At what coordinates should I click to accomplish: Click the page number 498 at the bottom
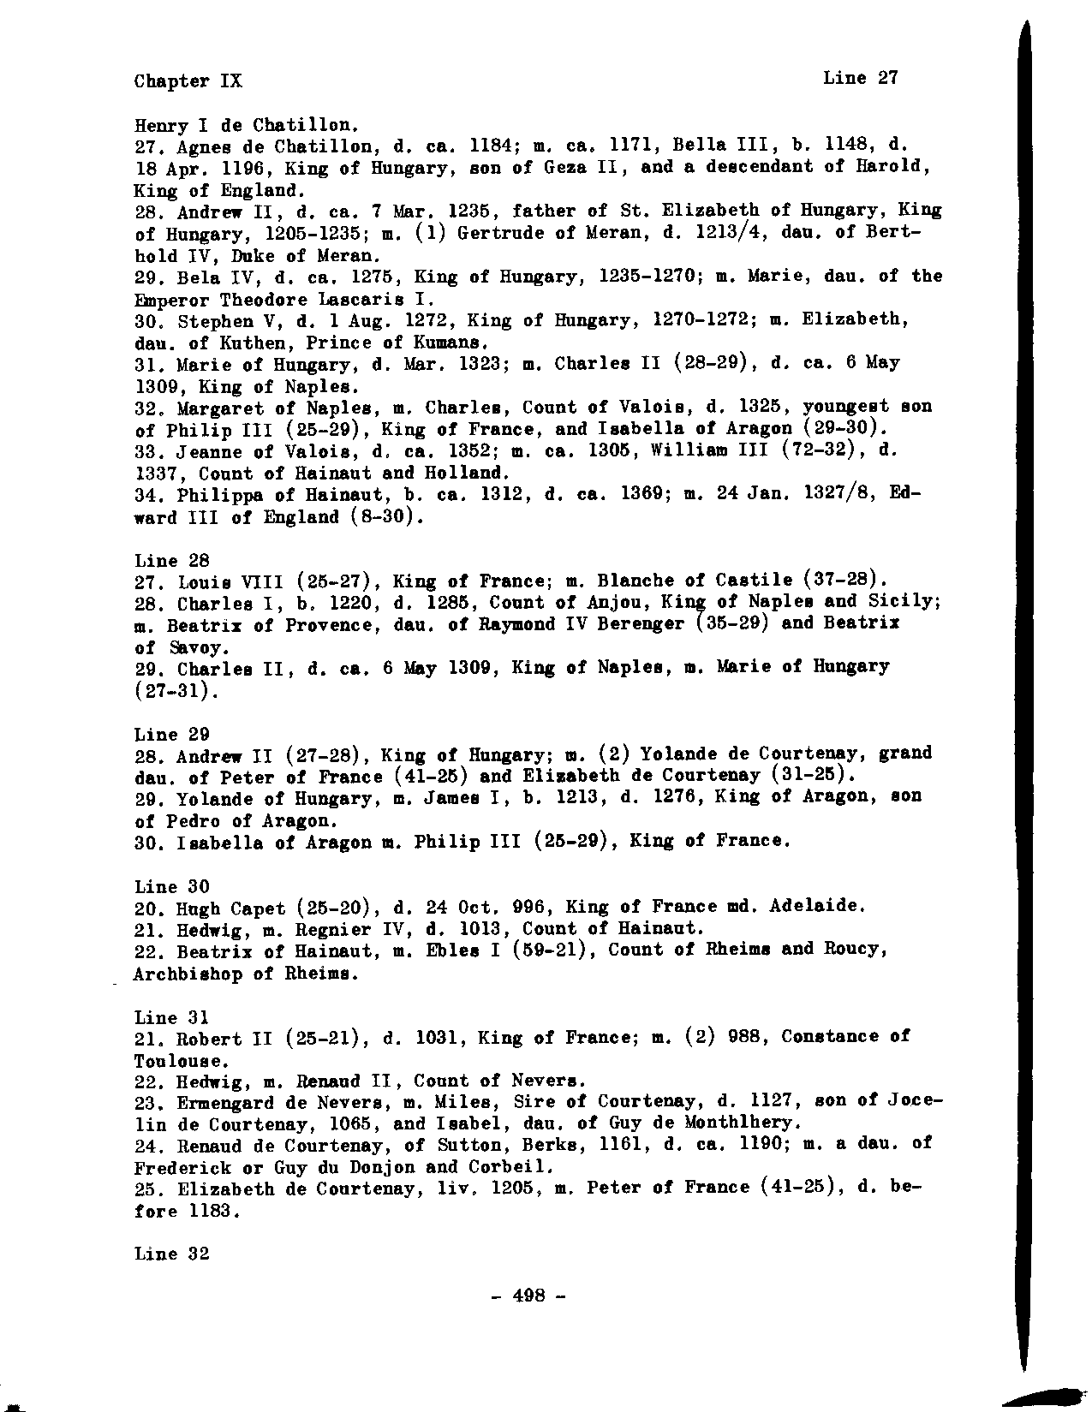(x=529, y=1296)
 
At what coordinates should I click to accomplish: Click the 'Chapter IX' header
(x=188, y=81)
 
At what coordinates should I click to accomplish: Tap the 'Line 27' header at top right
(x=861, y=78)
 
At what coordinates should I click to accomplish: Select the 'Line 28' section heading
(x=172, y=561)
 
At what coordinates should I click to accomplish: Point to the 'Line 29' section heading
(x=172, y=734)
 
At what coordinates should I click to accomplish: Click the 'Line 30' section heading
(x=172, y=886)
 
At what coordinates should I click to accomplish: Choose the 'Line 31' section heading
(x=172, y=1017)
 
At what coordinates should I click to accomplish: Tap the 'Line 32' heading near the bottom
(x=172, y=1254)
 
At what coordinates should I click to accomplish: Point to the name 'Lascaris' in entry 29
(x=361, y=300)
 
